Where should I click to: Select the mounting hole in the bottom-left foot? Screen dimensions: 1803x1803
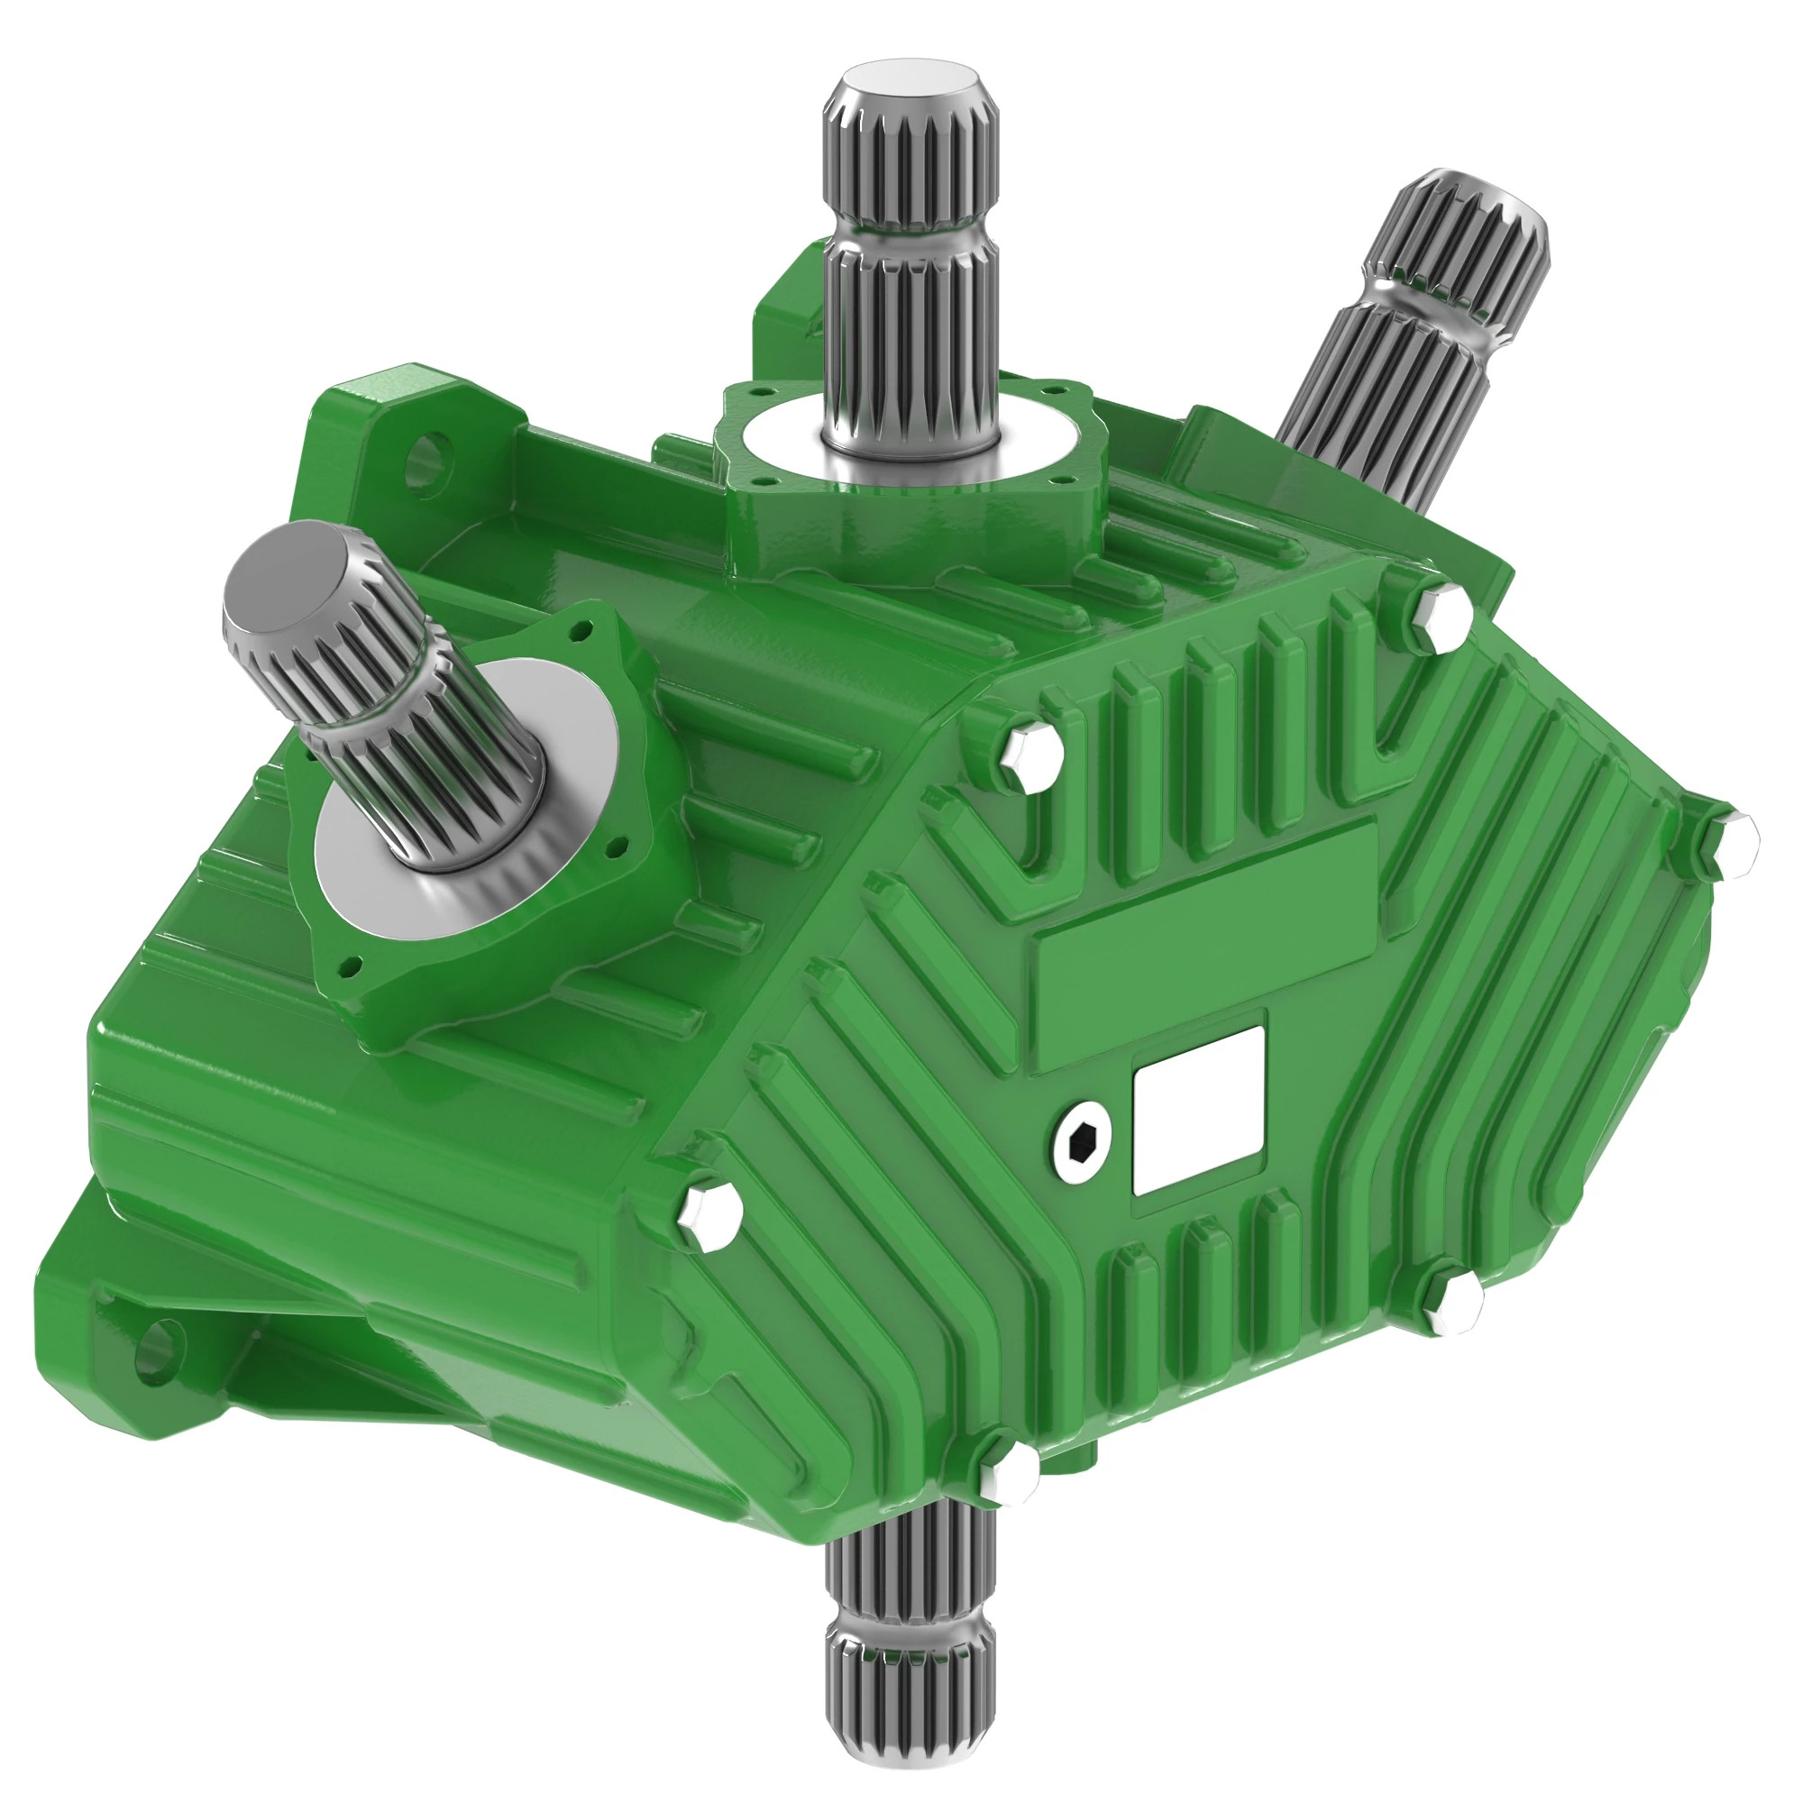[159, 1350]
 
